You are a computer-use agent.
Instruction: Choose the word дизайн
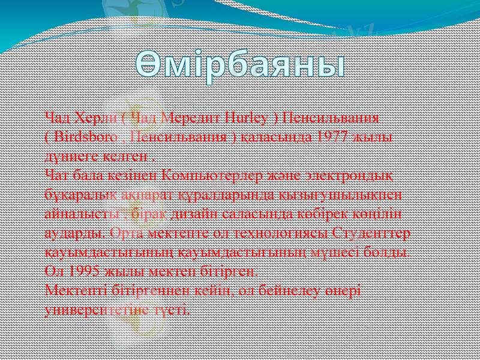point(194,214)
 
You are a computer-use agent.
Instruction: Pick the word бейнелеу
point(296,290)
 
